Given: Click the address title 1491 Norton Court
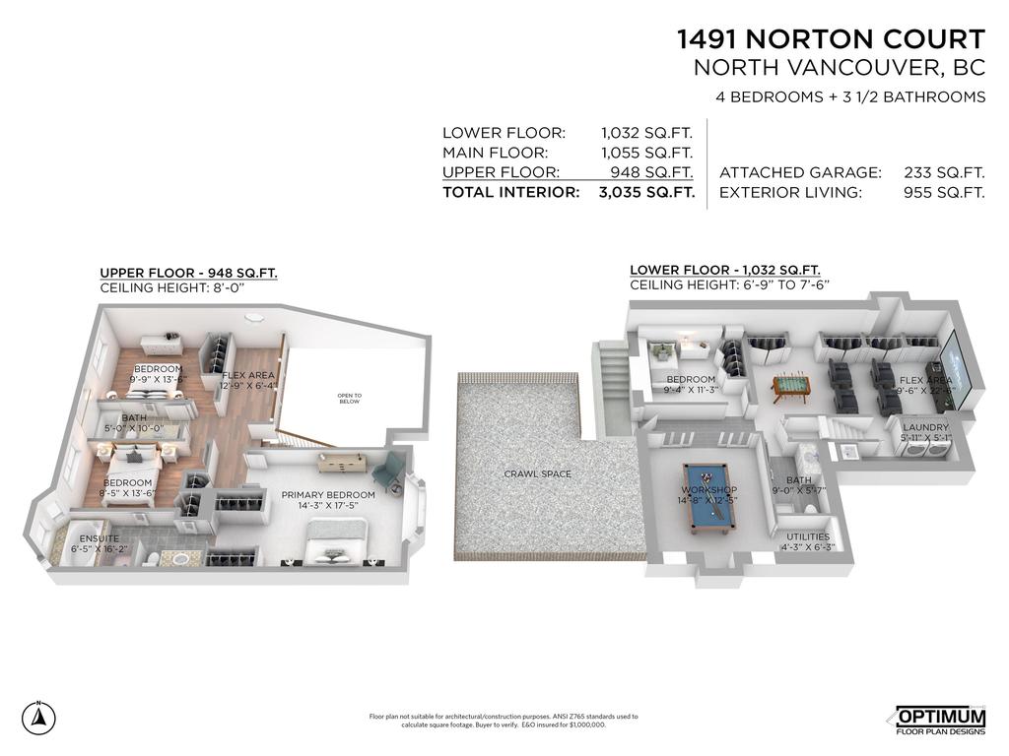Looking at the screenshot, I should point(830,39).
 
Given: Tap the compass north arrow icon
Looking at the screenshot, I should point(38,717).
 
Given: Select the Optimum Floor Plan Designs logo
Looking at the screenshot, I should point(940,721).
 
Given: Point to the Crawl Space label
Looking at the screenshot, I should point(538,474).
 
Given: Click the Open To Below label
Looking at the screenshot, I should point(351,399).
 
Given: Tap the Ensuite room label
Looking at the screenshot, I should point(99,538).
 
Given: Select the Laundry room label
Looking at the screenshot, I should point(925,427).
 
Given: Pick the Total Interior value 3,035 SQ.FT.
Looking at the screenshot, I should point(645,193).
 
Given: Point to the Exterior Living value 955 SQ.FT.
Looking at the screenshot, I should point(944,193).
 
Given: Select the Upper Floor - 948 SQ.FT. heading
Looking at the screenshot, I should point(189,273).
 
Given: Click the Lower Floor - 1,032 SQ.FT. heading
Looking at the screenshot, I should point(725,270).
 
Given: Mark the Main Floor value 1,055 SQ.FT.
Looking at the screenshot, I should point(647,153).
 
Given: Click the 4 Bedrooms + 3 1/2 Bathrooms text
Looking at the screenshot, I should point(850,96).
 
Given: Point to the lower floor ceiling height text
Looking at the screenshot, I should point(730,285).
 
